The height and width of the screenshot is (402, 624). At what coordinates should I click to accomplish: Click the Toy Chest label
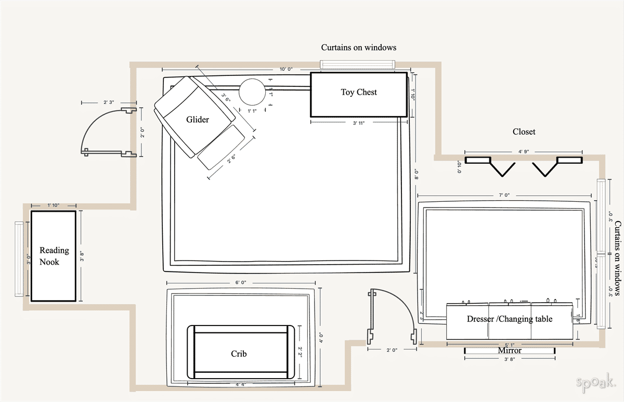click(359, 92)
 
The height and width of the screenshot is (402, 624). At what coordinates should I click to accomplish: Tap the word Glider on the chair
click(198, 120)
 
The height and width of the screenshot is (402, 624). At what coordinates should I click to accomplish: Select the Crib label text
click(239, 354)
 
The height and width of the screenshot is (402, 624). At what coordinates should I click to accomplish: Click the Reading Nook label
click(54, 256)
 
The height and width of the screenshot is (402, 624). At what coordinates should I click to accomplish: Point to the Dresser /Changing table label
click(509, 319)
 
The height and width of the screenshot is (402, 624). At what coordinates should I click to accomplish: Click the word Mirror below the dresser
click(510, 351)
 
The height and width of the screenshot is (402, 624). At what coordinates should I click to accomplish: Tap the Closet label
click(524, 132)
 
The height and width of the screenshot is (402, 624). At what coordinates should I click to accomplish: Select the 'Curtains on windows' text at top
click(358, 47)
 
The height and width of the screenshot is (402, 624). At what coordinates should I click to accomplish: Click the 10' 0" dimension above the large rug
click(286, 69)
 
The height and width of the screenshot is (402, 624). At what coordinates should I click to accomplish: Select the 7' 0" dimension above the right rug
click(503, 196)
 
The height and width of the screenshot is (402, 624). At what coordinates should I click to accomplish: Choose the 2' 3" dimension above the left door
click(109, 102)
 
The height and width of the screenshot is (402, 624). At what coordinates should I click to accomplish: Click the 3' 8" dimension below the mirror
click(510, 359)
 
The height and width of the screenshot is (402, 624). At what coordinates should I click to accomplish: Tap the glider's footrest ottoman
click(222, 148)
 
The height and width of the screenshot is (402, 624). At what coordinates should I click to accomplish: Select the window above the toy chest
click(357, 64)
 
